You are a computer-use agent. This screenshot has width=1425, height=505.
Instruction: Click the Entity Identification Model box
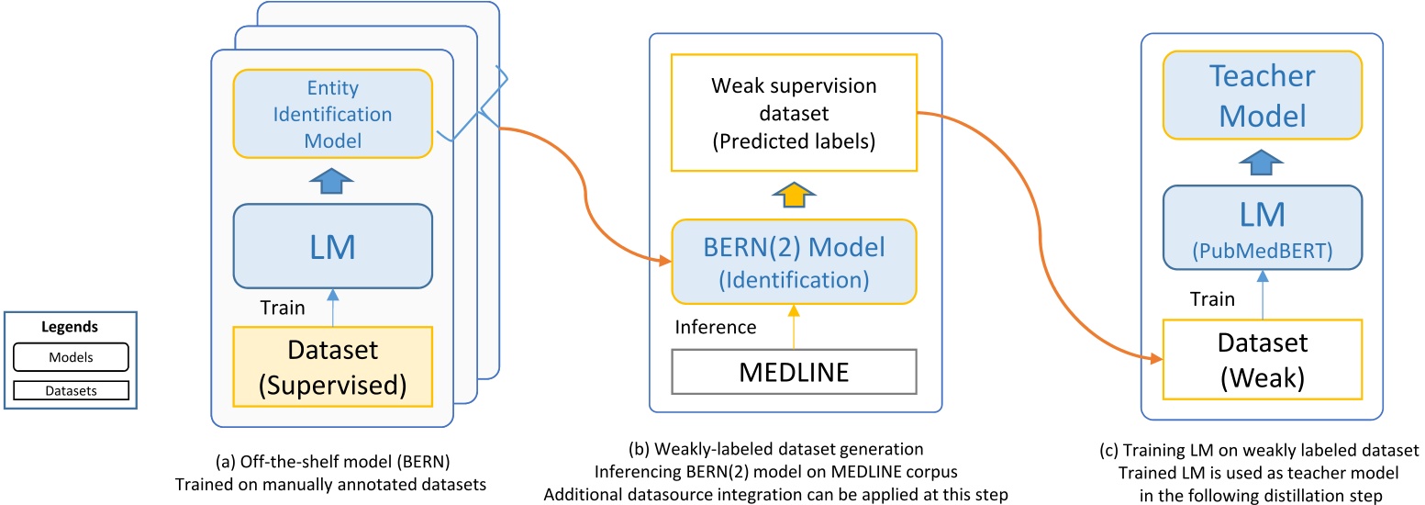coord(332,115)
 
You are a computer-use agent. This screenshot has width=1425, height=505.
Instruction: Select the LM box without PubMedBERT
coord(332,245)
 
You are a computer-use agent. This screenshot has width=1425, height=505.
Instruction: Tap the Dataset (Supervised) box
coord(332,365)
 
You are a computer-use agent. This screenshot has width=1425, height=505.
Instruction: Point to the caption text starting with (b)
coord(795,470)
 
